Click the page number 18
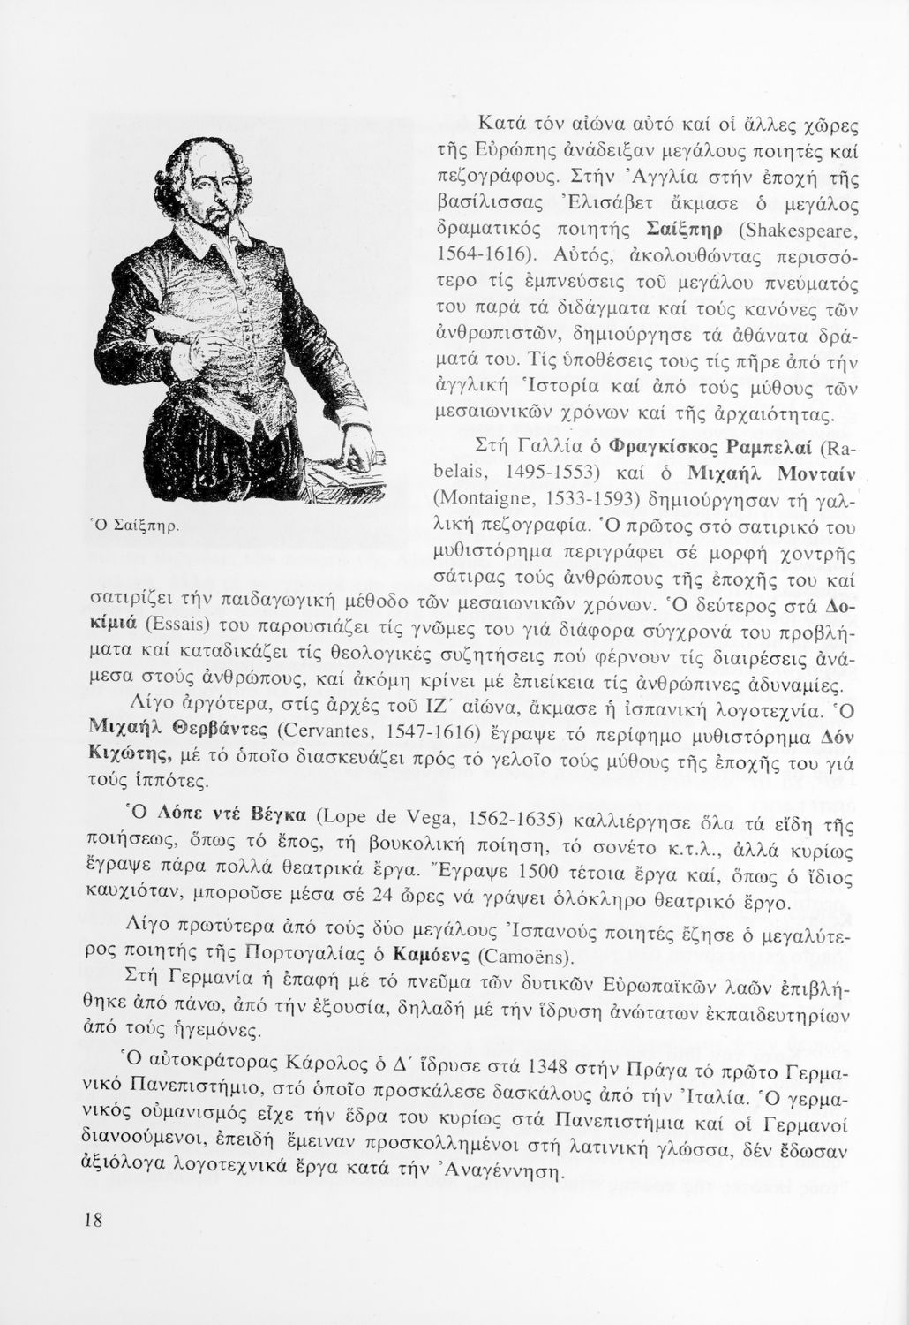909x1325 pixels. point(91,1221)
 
